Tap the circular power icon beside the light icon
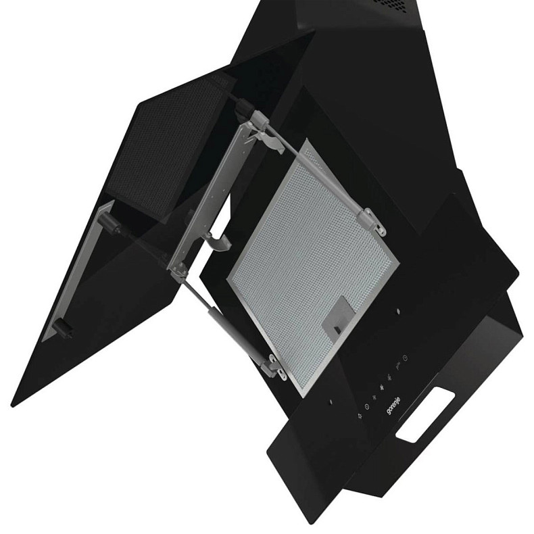[366, 408]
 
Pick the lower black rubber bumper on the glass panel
[66, 328]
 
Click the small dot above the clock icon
[398, 311]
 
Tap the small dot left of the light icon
[330, 404]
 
